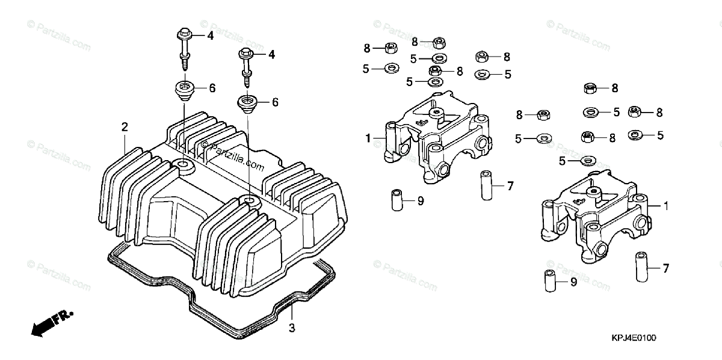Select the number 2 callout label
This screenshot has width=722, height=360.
(x=125, y=127)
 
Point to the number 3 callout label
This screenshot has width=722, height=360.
(x=292, y=327)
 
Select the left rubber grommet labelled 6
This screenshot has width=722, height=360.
(x=185, y=90)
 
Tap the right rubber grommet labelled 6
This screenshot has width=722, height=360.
(x=248, y=103)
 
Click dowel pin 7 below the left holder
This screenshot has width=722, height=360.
(x=486, y=184)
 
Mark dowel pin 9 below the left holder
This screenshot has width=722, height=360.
(x=395, y=200)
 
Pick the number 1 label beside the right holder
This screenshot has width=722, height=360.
(x=666, y=206)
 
